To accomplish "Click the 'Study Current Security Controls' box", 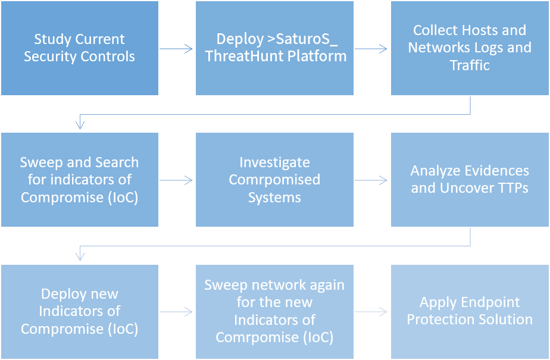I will tap(79, 48).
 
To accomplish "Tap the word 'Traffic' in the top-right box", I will tap(470, 65).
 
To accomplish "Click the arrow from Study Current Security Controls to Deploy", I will tap(176, 49).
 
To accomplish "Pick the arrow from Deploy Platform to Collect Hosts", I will tap(371, 49).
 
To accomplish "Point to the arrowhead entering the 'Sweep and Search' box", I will tap(80, 125).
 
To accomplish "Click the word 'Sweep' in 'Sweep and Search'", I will tap(38, 162).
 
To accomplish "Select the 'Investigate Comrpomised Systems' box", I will tap(274, 179).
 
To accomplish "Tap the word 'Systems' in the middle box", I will tap(274, 197).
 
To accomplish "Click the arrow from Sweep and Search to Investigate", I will tap(176, 180).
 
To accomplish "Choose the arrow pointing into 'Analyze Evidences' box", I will tap(371, 180).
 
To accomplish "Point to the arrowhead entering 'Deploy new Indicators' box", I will tap(80, 256).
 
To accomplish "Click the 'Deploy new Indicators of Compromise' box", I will tap(79, 311).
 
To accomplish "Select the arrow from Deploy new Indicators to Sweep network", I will tap(176, 312).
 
